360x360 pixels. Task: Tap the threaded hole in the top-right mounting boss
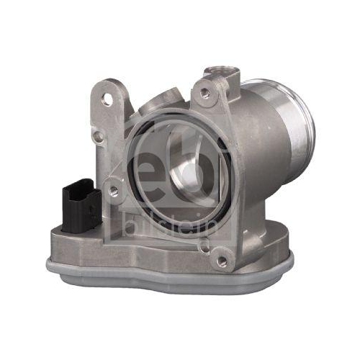(x=205, y=93)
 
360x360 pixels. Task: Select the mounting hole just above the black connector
(x=113, y=191)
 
